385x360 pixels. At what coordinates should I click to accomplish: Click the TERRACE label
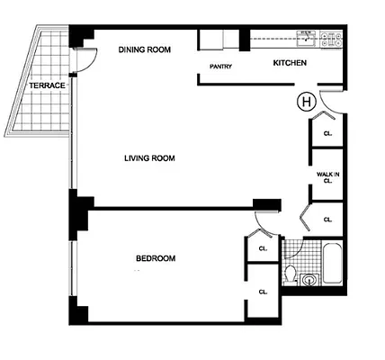pos(46,85)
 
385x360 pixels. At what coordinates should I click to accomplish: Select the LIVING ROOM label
pos(148,158)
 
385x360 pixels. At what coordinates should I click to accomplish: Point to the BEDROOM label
pos(156,258)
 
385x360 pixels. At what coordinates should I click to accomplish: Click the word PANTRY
pos(221,67)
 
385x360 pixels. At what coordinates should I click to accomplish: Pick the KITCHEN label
pos(291,63)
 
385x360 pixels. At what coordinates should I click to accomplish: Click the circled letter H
pos(305,102)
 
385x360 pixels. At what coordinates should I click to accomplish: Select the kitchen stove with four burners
pos(332,39)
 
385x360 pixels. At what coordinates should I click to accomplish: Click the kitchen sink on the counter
pos(307,38)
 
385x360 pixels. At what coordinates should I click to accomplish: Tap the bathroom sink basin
pos(310,280)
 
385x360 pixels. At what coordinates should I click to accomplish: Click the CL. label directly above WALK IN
pos(327,134)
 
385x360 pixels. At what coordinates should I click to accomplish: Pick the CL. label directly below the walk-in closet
pos(327,219)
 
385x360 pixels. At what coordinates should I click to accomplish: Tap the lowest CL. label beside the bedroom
pos(264,291)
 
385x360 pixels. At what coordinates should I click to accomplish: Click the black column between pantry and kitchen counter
pos(244,39)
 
